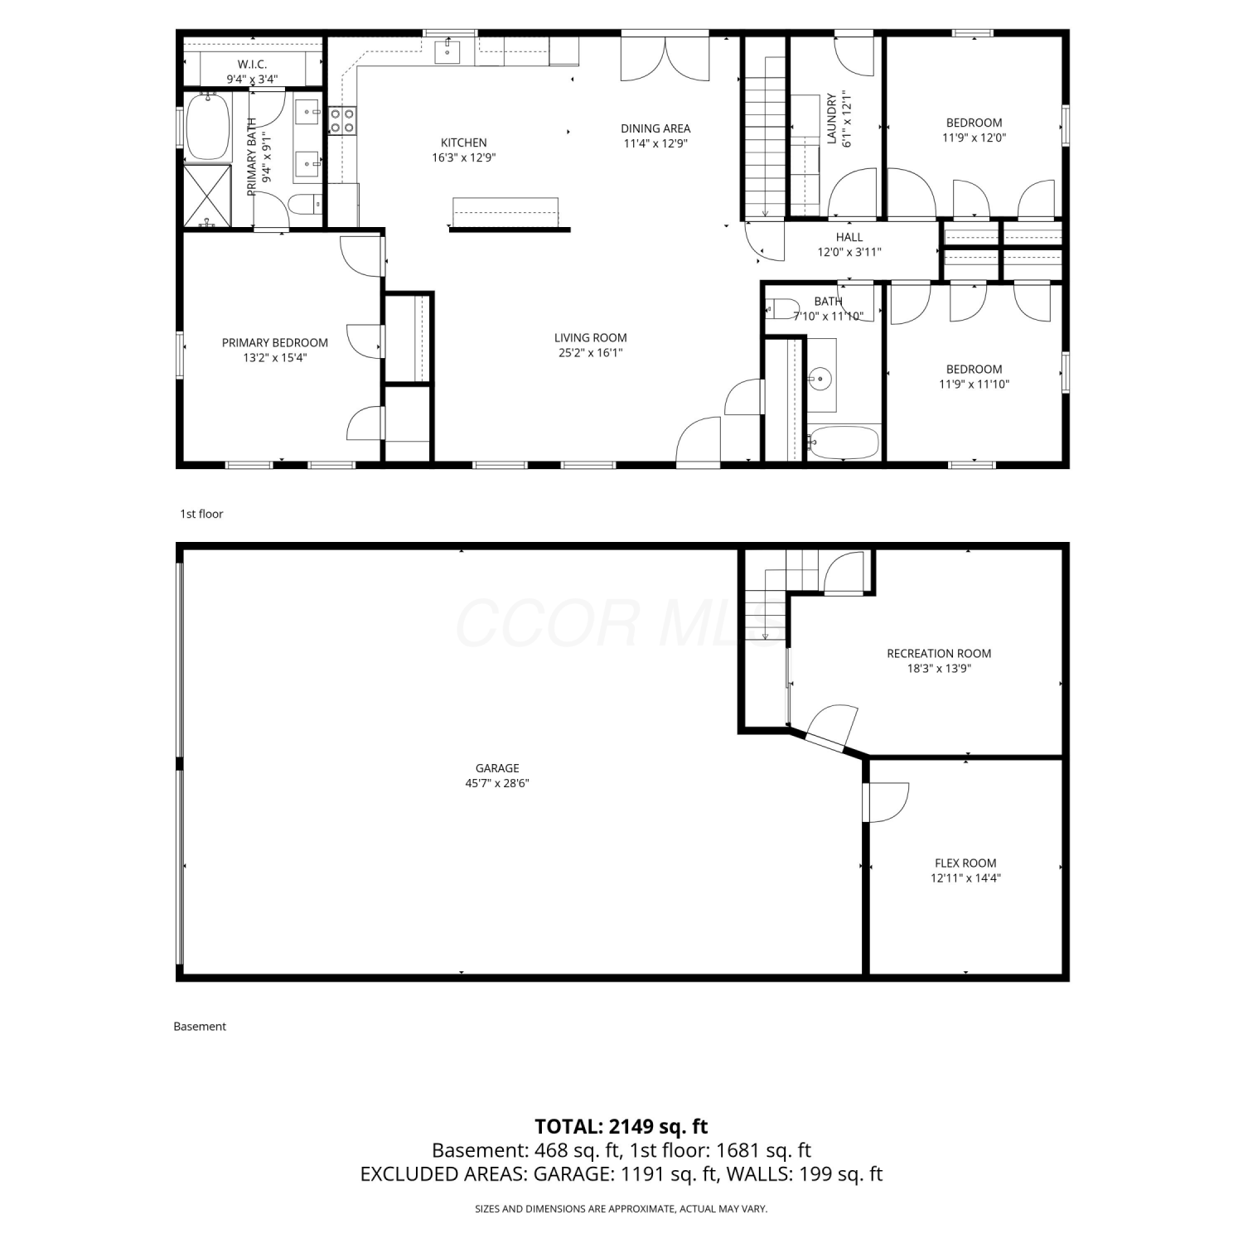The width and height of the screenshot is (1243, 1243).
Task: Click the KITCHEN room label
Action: [x=464, y=143]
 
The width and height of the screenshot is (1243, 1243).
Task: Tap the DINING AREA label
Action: [x=655, y=128]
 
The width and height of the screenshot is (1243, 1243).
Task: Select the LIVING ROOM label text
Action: [x=591, y=337]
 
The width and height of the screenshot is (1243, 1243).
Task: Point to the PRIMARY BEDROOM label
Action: [x=275, y=342]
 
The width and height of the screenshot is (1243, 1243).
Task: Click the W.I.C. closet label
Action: [x=252, y=65]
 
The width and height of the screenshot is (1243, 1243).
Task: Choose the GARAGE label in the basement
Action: [x=497, y=768]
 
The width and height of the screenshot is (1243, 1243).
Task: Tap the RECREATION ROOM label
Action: [x=939, y=653]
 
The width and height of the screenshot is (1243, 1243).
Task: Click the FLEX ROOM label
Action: [x=965, y=863]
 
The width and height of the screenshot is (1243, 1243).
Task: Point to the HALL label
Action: [x=849, y=237]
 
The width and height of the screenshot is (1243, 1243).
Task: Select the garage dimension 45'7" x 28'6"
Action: [x=497, y=783]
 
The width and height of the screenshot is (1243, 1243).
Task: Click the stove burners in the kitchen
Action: [x=343, y=120]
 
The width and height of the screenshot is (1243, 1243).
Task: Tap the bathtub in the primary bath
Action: [x=207, y=127]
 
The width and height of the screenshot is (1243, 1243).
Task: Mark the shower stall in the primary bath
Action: [x=207, y=196]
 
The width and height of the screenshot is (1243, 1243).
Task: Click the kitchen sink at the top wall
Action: [x=447, y=51]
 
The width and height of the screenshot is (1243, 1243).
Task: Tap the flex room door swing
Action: [x=887, y=802]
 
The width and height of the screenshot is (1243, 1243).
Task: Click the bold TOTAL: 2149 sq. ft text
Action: [x=621, y=1126]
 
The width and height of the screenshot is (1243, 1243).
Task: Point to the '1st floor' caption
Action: [x=202, y=514]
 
